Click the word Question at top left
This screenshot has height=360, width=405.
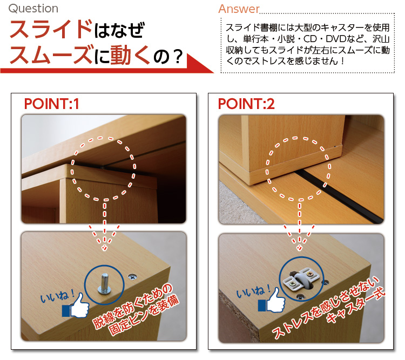[x=33, y=9]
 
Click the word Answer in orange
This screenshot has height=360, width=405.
[x=239, y=9]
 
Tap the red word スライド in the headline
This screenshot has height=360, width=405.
[x=51, y=29]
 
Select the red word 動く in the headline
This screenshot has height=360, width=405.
[x=130, y=55]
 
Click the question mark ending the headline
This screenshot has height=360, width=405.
[x=178, y=57]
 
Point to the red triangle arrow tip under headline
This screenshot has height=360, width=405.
[x=213, y=72]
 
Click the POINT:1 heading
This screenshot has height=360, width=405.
[x=51, y=104]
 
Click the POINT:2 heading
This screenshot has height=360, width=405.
[x=246, y=104]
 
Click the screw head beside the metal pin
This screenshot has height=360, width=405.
[x=133, y=277]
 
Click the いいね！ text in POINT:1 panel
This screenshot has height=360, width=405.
[x=57, y=295]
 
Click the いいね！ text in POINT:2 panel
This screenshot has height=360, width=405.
[x=253, y=290]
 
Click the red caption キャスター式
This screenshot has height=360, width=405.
[x=356, y=307]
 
